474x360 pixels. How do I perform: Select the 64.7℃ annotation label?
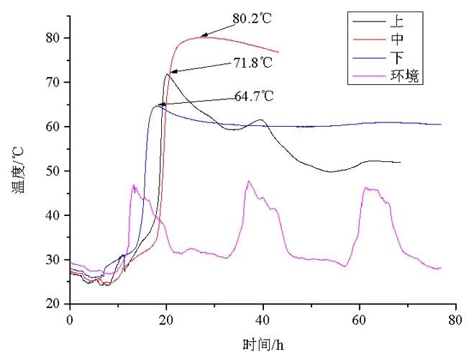(253, 96)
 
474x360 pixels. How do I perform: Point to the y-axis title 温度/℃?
(15, 171)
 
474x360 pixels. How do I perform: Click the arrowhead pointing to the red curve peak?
(204, 35)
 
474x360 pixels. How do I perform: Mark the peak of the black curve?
(168, 73)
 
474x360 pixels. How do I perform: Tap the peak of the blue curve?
(156, 106)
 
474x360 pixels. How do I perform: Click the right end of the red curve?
(278, 52)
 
